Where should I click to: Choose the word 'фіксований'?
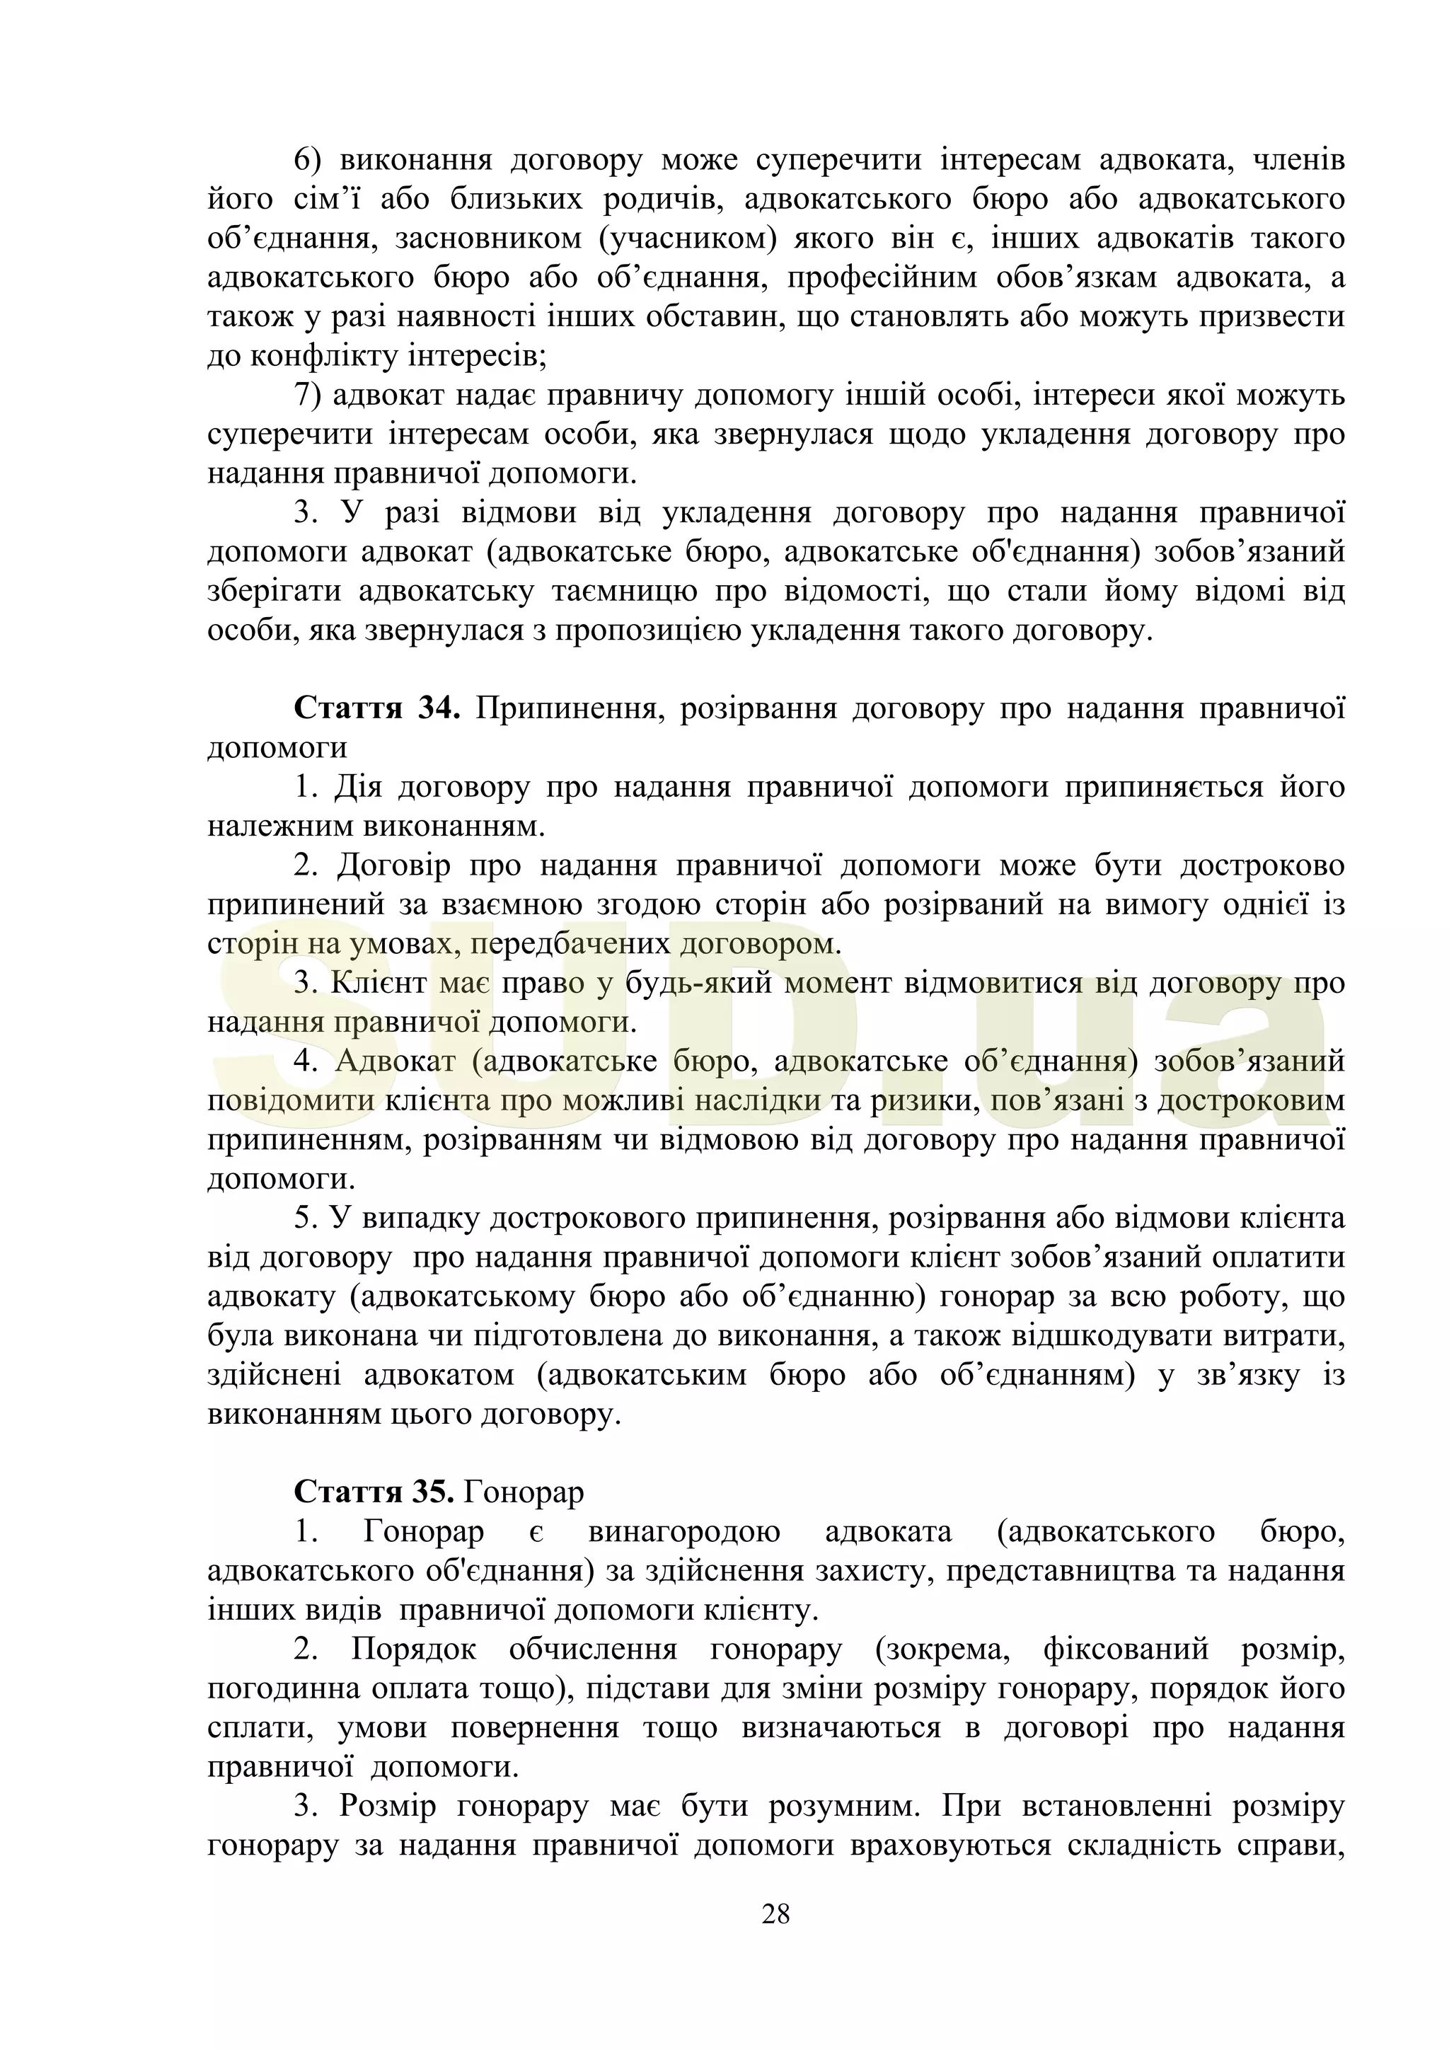1125,1649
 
